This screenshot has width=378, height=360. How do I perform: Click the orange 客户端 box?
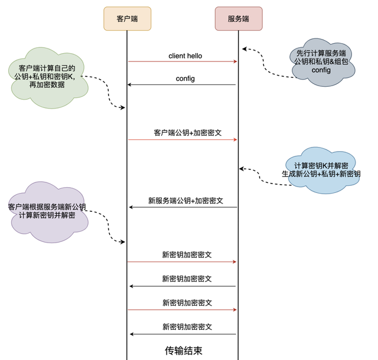click(x=127, y=18)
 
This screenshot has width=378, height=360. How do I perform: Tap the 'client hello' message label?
click(x=185, y=55)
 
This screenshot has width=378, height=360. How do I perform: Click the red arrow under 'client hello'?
click(x=183, y=61)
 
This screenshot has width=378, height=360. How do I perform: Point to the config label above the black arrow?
click(x=185, y=78)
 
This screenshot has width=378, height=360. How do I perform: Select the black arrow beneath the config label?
click(x=183, y=85)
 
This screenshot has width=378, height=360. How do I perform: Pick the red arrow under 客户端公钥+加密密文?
click(x=183, y=140)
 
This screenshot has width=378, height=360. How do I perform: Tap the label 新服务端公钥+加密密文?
click(x=185, y=201)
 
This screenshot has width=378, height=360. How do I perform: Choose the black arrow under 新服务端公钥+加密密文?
click(x=183, y=207)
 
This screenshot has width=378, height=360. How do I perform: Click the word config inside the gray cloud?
click(x=322, y=70)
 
